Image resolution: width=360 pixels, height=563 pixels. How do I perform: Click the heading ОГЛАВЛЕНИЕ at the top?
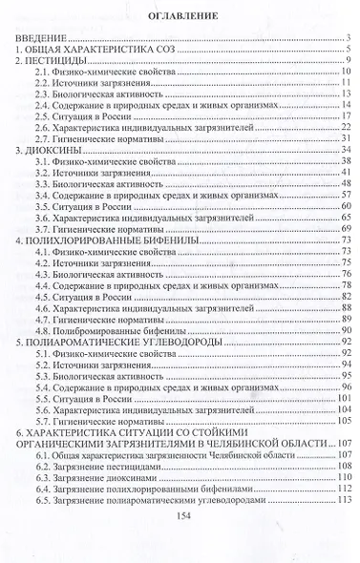click(180, 16)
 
